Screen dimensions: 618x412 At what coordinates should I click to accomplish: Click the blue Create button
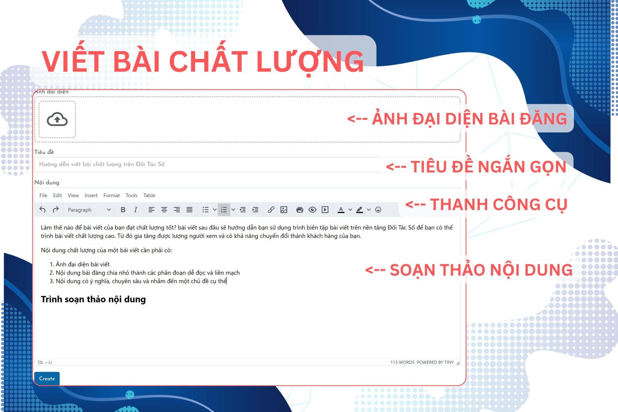(x=47, y=378)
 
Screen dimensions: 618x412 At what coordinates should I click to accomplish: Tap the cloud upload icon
(x=57, y=119)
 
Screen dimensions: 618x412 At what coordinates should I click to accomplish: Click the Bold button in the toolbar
(x=123, y=210)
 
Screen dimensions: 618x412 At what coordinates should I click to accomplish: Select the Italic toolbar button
(x=136, y=210)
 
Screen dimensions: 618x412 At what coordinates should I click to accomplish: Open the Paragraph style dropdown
(x=89, y=210)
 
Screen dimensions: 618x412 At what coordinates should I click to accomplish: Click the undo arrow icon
(x=42, y=210)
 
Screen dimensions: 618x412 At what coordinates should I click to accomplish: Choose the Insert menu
(x=91, y=195)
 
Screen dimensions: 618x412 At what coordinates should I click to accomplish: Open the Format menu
(x=112, y=195)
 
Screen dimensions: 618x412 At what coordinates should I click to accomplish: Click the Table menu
(x=149, y=195)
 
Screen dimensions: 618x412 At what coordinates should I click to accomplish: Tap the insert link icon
(x=271, y=210)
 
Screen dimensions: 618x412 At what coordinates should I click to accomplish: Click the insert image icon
(x=284, y=210)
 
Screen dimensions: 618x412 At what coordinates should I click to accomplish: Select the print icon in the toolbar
(x=300, y=210)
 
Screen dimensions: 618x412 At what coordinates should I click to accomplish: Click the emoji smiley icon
(x=378, y=210)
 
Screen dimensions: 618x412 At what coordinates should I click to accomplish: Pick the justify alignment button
(x=189, y=210)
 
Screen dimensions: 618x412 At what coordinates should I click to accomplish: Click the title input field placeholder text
(x=102, y=164)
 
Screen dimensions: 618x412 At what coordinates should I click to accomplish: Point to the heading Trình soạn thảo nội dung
(x=93, y=300)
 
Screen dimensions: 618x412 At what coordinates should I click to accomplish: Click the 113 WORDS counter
(x=402, y=362)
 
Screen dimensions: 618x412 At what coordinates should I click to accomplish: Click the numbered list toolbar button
(x=224, y=210)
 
